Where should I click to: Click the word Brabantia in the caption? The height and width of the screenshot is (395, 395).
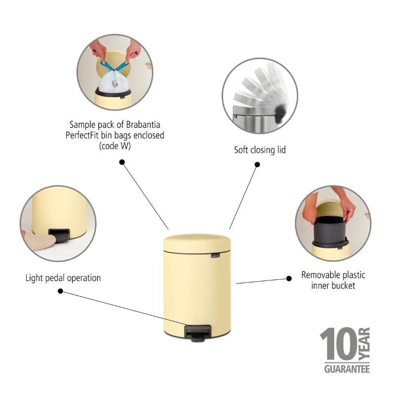(x=143, y=124)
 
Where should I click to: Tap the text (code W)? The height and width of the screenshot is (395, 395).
(x=115, y=146)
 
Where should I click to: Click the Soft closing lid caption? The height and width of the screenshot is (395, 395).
(x=260, y=150)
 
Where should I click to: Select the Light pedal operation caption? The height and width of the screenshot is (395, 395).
(x=63, y=278)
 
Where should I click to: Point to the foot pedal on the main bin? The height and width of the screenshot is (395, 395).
(x=198, y=333)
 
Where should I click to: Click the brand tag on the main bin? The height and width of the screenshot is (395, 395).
(x=215, y=256)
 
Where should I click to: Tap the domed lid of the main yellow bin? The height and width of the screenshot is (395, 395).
(x=197, y=243)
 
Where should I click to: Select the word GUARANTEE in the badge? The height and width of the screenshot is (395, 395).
(x=347, y=369)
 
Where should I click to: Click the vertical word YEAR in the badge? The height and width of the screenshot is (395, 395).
(x=364, y=344)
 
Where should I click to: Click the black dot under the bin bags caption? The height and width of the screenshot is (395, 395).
(x=122, y=162)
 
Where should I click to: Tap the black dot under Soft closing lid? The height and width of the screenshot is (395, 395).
(x=257, y=164)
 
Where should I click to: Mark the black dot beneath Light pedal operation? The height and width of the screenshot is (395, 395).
(x=60, y=291)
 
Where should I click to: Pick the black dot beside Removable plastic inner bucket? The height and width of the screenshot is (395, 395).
(x=289, y=278)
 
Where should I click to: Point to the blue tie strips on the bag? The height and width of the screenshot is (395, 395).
(x=115, y=66)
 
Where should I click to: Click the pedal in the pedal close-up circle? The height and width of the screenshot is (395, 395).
(x=59, y=235)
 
